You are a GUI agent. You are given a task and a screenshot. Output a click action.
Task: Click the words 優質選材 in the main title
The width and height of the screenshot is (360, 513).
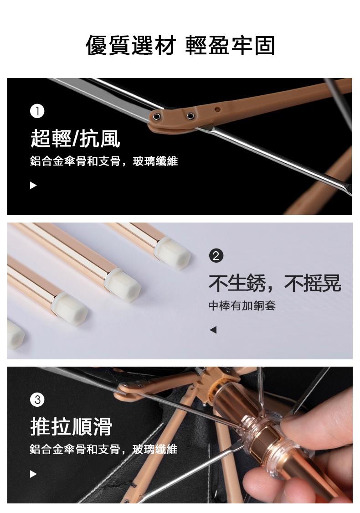pyautogui.click(x=131, y=45)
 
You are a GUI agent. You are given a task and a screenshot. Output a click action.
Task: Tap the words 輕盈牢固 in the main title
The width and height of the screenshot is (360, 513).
pyautogui.click(x=230, y=45)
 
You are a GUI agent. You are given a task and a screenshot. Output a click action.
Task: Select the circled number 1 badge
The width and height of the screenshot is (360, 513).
pyautogui.click(x=37, y=111)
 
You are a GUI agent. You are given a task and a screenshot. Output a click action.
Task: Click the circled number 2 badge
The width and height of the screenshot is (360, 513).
pyautogui.click(x=216, y=255)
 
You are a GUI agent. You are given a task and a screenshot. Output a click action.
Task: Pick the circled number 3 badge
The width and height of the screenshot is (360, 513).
pyautogui.click(x=37, y=400)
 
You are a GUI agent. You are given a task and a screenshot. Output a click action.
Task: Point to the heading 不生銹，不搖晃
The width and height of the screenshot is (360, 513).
pyautogui.click(x=275, y=283)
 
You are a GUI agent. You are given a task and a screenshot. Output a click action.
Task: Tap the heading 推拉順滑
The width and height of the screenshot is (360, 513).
pyautogui.click(x=71, y=426)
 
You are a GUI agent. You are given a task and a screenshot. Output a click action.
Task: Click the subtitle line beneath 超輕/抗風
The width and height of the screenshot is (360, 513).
pyautogui.click(x=104, y=161)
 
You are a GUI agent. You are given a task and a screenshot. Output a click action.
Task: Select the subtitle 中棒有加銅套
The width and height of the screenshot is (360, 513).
pyautogui.click(x=242, y=306)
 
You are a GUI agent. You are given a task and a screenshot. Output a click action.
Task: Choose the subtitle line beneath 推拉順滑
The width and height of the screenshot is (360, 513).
pyautogui.click(x=103, y=449)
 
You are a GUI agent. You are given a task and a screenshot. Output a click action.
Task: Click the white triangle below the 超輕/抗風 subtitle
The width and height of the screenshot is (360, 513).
pyautogui.click(x=33, y=186)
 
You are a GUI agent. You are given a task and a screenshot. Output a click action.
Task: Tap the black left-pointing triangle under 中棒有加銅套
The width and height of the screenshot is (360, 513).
pyautogui.click(x=213, y=330)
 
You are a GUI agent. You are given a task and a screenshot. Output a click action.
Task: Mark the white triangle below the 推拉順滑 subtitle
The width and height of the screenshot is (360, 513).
pyautogui.click(x=33, y=474)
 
